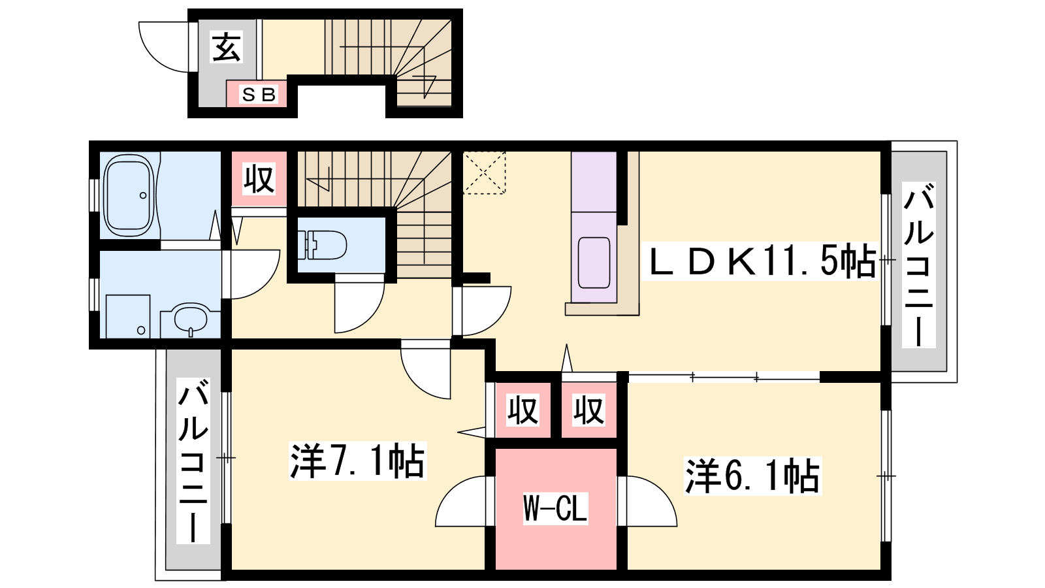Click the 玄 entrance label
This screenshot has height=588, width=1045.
(227, 47)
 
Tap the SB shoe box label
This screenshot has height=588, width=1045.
(259, 95)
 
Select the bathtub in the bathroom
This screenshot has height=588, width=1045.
(129, 195)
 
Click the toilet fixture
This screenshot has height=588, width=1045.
(322, 245)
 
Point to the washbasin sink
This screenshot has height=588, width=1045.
(191, 319)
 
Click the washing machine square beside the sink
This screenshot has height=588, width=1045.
(128, 316)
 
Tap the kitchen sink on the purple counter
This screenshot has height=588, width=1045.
(594, 263)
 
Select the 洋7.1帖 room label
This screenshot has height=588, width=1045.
(357, 461)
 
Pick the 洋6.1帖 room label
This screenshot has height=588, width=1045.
(752, 476)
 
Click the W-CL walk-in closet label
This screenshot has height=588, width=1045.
(555, 508)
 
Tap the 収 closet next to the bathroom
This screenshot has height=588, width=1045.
(259, 179)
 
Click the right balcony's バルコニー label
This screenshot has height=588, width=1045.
(918, 265)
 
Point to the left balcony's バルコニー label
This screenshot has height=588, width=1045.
(193, 461)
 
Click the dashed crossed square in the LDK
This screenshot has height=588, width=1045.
(484, 172)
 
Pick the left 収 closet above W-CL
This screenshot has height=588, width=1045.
(523, 410)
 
